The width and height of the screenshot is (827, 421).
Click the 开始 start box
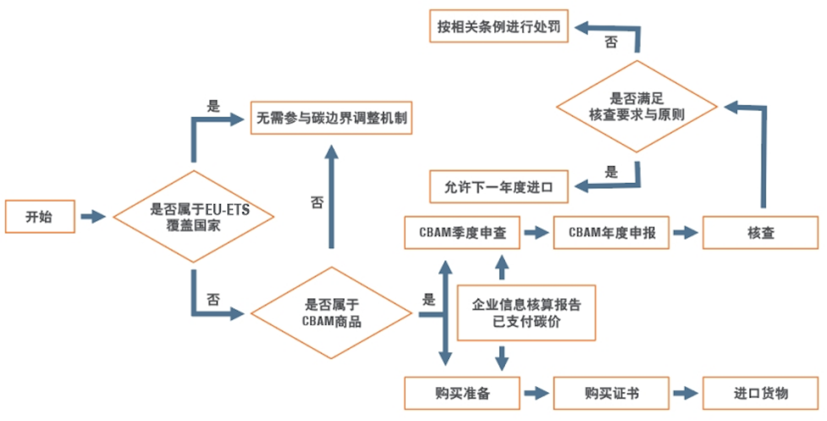click(x=40, y=217)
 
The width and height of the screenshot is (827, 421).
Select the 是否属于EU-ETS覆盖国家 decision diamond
click(x=193, y=217)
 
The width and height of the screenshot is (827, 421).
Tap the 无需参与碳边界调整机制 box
click(x=331, y=118)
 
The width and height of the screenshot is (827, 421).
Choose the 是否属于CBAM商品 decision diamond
click(x=331, y=313)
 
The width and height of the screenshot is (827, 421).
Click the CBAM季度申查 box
click(x=462, y=233)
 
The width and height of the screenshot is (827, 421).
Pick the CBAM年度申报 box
click(x=611, y=233)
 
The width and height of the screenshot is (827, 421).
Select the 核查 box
click(x=760, y=233)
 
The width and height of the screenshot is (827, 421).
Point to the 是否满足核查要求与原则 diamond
click(x=637, y=107)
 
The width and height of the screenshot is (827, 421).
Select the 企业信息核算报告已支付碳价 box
click(x=526, y=313)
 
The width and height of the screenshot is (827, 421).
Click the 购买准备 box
click(x=462, y=393)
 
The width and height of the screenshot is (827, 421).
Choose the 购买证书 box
click(x=611, y=393)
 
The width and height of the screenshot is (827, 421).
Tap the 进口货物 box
click(x=760, y=393)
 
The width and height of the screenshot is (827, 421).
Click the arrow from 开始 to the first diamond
click(x=92, y=217)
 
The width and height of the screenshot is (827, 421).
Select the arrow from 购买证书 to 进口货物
click(x=685, y=393)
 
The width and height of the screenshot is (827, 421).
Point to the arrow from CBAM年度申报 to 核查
click(x=685, y=233)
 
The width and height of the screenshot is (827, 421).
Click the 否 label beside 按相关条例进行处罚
click(x=611, y=42)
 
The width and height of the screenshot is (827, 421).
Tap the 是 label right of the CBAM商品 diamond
click(x=428, y=300)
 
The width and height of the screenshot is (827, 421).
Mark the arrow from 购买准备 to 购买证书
click(x=536, y=393)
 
